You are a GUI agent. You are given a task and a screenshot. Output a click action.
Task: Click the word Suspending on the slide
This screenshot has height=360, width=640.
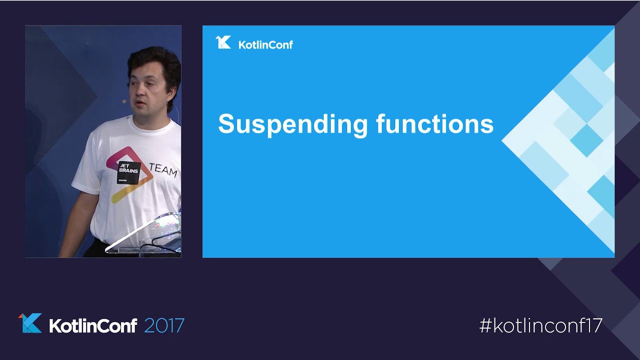(293, 125)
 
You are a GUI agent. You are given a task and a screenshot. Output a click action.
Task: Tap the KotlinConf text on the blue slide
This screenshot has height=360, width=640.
(265, 45)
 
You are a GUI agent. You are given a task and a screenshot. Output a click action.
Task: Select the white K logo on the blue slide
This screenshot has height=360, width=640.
(223, 42)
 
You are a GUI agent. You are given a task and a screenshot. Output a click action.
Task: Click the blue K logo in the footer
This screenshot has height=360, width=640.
(30, 323)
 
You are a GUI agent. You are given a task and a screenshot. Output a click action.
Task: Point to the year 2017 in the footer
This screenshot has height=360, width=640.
(164, 325)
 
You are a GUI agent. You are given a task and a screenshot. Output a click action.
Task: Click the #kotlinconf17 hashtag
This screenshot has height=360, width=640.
(541, 325)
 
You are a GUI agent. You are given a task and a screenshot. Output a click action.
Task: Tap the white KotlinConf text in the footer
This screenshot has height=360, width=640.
(93, 325)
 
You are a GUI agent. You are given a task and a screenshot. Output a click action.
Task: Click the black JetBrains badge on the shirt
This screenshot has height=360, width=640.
(128, 172)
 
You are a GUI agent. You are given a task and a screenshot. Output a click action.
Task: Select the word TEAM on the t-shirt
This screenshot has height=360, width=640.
(163, 169)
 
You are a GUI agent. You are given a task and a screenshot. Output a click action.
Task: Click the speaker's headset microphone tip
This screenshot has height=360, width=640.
(124, 101)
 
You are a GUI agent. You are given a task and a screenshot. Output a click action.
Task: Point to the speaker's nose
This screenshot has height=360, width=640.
(139, 91)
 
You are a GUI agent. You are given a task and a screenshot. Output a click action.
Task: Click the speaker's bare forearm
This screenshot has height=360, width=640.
(74, 225)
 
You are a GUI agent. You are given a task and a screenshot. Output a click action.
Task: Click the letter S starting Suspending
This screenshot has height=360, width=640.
(226, 123)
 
